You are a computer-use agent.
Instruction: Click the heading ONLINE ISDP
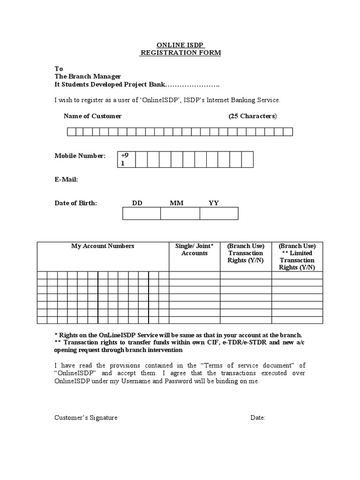180,45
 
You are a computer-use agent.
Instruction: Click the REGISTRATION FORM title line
180,53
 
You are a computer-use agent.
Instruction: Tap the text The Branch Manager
88,76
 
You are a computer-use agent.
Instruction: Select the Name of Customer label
92,116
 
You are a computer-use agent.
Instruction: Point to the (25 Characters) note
253,116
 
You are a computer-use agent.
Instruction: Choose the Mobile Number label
80,156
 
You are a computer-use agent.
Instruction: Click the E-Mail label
66,180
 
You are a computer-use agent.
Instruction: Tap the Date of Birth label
75,203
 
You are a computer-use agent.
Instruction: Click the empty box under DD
142,214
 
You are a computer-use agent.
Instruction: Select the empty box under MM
180,214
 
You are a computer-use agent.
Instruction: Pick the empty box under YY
219,214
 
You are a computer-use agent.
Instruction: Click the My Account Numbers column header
103,246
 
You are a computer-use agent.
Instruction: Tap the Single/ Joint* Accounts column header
195,249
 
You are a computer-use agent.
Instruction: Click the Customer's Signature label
86,418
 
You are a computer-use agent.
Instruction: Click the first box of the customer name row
71,132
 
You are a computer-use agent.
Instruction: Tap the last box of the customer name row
289,132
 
